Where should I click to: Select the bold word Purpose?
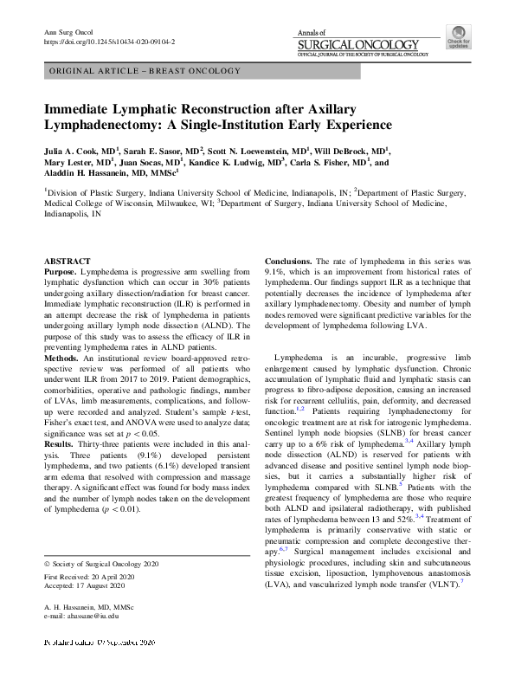coord(60,272)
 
